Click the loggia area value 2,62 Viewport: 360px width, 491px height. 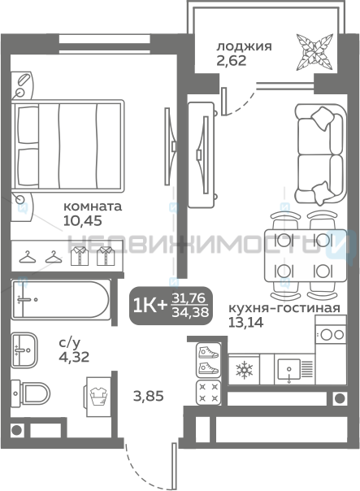[x=232, y=60]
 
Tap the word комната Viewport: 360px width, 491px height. [x=93, y=206]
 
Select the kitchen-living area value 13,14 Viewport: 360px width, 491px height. [x=245, y=322]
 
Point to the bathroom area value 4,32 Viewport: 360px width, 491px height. [x=74, y=357]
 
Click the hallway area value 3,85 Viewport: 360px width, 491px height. [x=149, y=397]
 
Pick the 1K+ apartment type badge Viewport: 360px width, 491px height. [x=171, y=306]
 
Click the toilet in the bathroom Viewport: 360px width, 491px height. [x=30, y=393]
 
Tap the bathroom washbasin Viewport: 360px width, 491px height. [x=24, y=350]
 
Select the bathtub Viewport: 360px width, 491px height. [x=61, y=300]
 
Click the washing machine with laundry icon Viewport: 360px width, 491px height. [x=98, y=397]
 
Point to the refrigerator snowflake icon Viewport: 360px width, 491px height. [x=244, y=370]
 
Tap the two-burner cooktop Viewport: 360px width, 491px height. [x=331, y=334]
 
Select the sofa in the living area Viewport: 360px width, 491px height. [x=320, y=154]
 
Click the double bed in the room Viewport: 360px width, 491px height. [x=67, y=146]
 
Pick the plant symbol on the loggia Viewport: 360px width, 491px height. [x=314, y=51]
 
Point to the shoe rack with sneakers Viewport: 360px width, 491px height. [x=209, y=360]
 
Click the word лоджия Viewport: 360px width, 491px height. [x=244, y=46]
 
